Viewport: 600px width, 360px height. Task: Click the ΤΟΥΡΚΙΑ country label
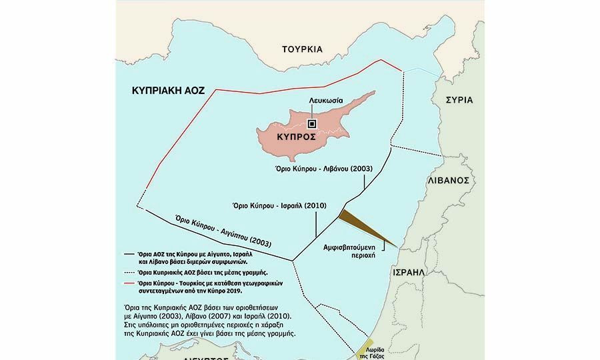(302, 49)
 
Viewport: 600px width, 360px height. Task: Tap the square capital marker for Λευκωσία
(311, 123)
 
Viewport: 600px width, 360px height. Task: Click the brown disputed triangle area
(363, 227)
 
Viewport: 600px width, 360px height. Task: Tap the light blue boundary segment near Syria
(421, 70)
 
